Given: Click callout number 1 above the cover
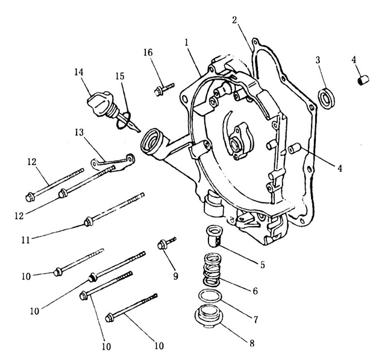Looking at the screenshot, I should [x=187, y=44].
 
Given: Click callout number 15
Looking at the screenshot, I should [x=120, y=77].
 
